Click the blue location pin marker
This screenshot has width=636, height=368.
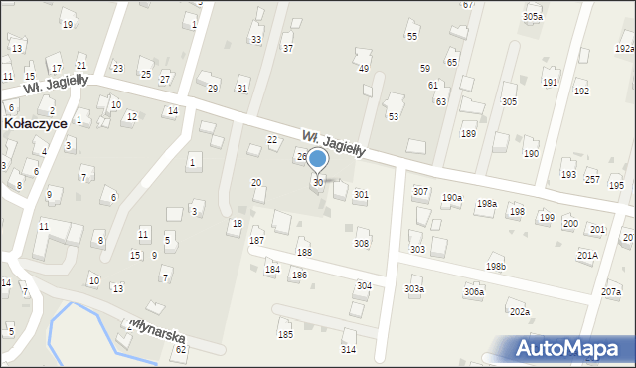[318, 160]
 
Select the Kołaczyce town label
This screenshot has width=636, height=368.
[35, 124]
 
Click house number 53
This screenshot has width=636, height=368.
[394, 117]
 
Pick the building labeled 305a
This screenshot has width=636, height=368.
[533, 17]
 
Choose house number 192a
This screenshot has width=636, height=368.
[624, 47]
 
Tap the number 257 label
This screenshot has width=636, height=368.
[592, 180]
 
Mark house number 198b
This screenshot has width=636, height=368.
[496, 267]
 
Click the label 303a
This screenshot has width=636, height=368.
[414, 289]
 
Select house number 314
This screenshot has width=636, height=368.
[348, 350]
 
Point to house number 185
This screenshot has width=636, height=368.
[285, 335]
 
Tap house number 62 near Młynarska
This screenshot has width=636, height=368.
[181, 350]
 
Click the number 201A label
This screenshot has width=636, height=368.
[587, 255]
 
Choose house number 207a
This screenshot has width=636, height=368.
[611, 292]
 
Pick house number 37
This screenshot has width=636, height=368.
[288, 48]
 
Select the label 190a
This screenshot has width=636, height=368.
[452, 198]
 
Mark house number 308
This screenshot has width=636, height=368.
[362, 243]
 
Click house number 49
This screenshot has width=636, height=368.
[364, 68]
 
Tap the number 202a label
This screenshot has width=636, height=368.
[520, 312]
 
